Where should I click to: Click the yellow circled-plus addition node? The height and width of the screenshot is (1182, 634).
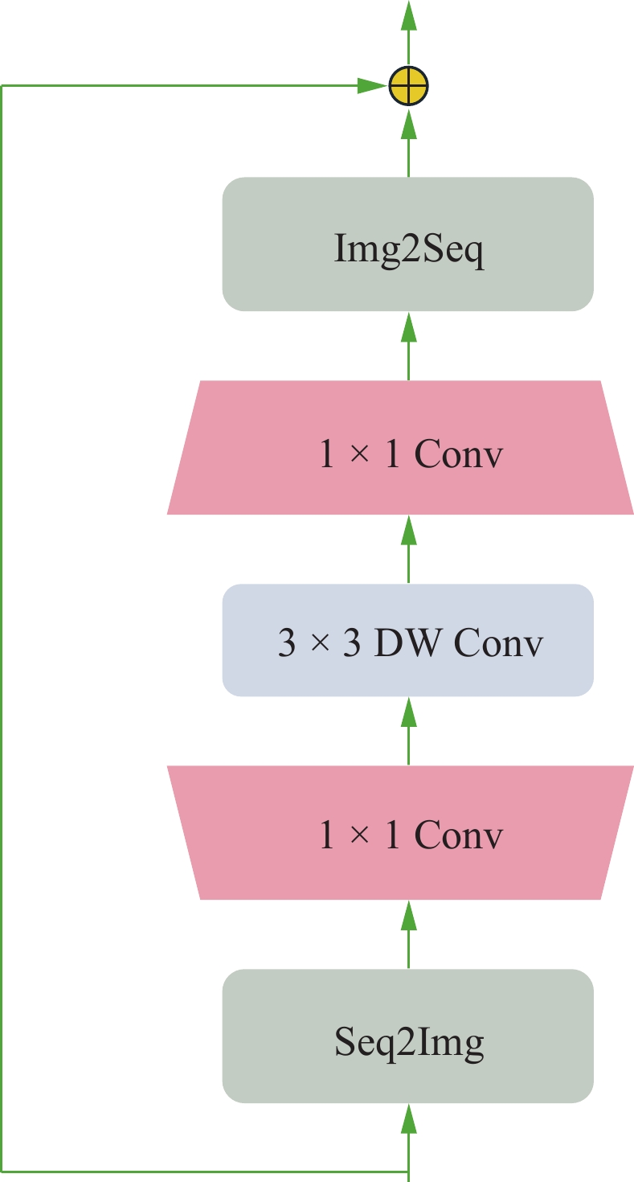[x=408, y=85]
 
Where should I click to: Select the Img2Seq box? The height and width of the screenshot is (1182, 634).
[x=408, y=244]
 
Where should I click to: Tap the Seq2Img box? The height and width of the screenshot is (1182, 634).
[x=408, y=1036]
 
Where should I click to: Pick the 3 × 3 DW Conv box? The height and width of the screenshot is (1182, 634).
[x=408, y=640]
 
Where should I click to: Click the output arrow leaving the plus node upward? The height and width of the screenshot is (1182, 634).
[x=408, y=32]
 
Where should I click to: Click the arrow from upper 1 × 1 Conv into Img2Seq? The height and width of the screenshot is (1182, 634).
[x=408, y=346]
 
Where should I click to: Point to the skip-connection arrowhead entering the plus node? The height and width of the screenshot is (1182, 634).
[x=371, y=85]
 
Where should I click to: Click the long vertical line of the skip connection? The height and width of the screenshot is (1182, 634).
[x=2, y=627]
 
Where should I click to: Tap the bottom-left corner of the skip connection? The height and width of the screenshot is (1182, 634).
[x=2, y=1170]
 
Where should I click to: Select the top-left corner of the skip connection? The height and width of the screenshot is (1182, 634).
[x=2, y=85]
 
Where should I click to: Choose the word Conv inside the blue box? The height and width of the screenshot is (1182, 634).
[x=498, y=644]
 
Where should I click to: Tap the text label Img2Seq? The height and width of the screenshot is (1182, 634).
[x=408, y=253]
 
